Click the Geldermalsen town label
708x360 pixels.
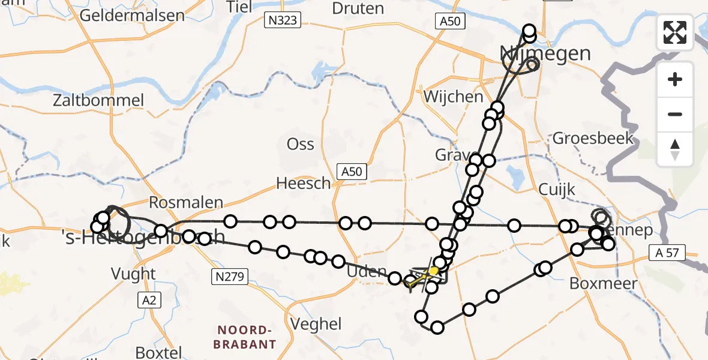(x=132, y=15)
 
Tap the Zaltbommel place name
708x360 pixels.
(x=99, y=100)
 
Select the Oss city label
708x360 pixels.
(x=301, y=145)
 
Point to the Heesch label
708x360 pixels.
(x=304, y=183)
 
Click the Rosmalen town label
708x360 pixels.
(x=186, y=203)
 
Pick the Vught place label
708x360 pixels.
(x=133, y=274)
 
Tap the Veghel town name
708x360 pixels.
(x=316, y=324)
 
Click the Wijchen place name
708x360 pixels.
(x=453, y=97)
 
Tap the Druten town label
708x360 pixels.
(x=358, y=8)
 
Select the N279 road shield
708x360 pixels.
(x=229, y=277)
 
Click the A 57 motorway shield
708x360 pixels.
(x=665, y=253)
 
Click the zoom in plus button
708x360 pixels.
(x=675, y=79)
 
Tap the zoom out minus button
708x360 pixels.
(x=675, y=114)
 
